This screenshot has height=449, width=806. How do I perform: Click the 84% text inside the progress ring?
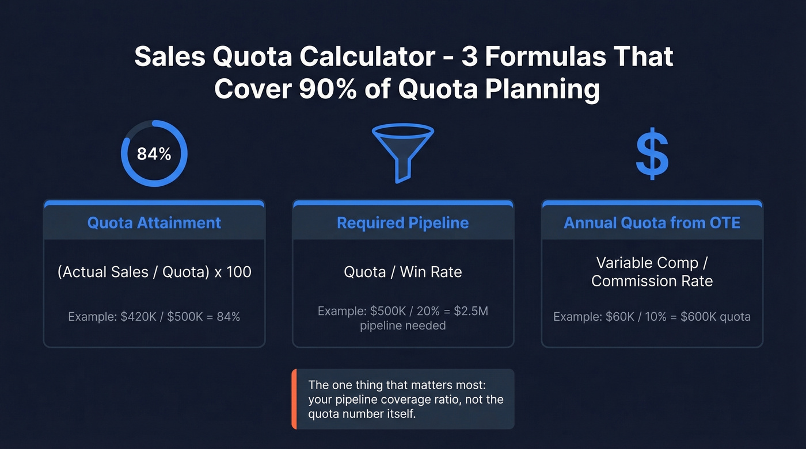[154, 154]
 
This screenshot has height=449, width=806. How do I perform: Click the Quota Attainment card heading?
[154, 223]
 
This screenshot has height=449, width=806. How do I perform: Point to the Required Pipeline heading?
[402, 223]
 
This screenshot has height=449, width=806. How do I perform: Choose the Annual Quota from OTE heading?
[652, 223]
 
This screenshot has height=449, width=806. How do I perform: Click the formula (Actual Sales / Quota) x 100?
[154, 272]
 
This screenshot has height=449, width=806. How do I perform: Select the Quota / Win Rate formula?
[402, 272]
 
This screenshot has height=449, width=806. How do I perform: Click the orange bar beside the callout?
[294, 399]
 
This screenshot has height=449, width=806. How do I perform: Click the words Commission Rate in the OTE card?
[652, 281]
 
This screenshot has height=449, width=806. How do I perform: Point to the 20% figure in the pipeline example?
[425, 312]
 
